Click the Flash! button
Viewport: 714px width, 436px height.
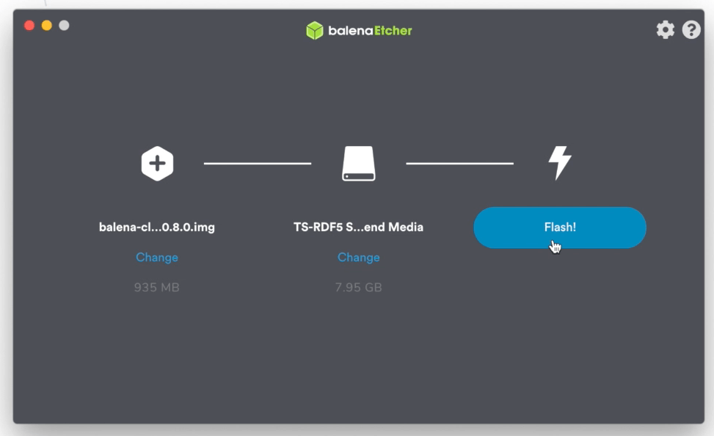(x=559, y=228)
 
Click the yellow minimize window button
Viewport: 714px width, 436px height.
(x=47, y=26)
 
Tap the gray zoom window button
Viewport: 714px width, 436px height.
(x=64, y=26)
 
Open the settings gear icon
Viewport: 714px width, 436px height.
(x=665, y=29)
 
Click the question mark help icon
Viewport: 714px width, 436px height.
(x=691, y=29)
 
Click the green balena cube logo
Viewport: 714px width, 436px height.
(x=315, y=31)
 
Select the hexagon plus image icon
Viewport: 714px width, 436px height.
(x=157, y=164)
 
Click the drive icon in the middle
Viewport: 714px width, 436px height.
(x=359, y=164)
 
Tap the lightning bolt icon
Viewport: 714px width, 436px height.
(x=560, y=163)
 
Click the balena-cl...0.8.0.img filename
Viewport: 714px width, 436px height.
(x=157, y=228)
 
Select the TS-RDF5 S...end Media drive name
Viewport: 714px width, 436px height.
(x=358, y=228)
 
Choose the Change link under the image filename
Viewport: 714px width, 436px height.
(x=157, y=258)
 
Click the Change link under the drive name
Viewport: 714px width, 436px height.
(x=359, y=258)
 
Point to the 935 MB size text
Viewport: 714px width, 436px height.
(x=157, y=288)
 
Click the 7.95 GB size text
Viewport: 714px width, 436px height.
(x=358, y=288)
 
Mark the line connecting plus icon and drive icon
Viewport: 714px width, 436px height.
(x=258, y=163)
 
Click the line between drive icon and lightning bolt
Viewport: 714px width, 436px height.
(x=459, y=163)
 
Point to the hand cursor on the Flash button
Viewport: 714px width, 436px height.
(x=555, y=247)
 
